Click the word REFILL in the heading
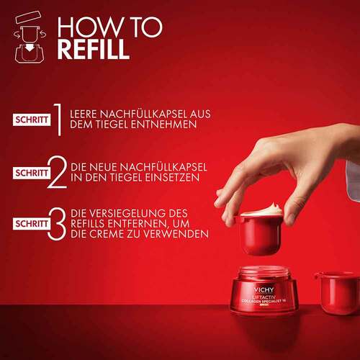94,49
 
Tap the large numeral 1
58,120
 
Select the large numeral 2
58,171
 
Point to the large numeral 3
57,224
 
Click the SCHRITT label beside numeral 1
32,120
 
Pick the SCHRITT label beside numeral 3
32,224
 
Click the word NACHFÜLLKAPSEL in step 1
143,114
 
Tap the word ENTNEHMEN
164,125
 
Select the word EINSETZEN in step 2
167,178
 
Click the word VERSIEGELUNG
129,213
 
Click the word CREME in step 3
107,234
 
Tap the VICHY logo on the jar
264,289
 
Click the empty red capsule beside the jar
337,292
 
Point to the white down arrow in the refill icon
30,48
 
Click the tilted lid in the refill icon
27,17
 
